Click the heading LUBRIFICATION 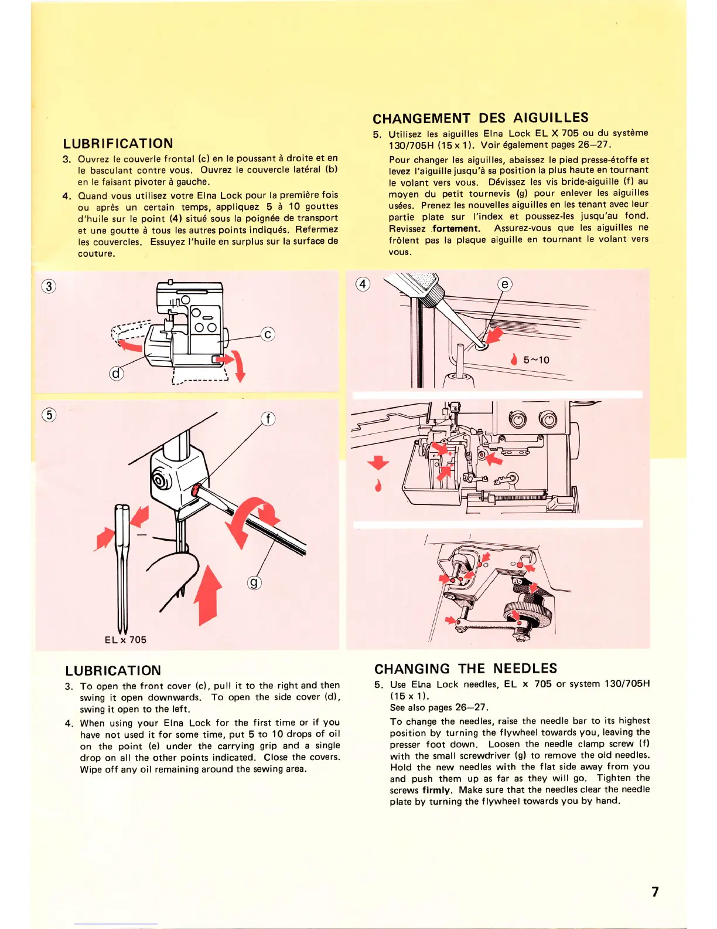point(118,144)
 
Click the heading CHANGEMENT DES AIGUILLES point(480,118)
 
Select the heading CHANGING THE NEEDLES point(466,669)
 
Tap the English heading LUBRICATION point(113,670)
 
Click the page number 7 point(655,891)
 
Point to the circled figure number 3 point(49,286)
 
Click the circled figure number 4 point(363,284)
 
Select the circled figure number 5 point(49,415)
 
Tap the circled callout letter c point(268,334)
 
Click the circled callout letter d point(117,373)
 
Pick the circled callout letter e point(504,284)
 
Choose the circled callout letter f point(268,419)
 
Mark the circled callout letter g point(254,582)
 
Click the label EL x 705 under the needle point(125,640)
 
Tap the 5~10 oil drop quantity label point(536,360)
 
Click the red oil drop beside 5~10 point(514,360)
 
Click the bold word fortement point(456,229)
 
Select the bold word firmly point(436,790)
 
